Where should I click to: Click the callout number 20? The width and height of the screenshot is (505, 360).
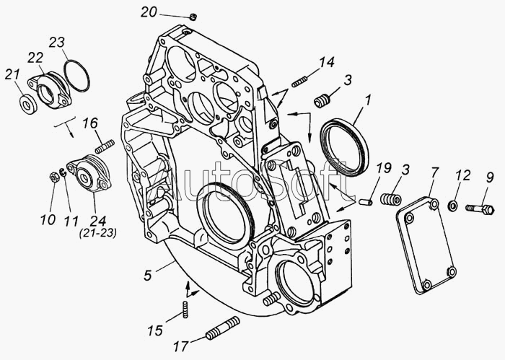(x=149, y=12)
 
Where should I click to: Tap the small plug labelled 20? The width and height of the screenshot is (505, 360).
(x=193, y=17)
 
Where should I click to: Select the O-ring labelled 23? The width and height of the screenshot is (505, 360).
(x=76, y=76)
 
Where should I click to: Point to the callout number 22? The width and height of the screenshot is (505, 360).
(x=35, y=58)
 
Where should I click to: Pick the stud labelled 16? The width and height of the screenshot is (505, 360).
(x=105, y=146)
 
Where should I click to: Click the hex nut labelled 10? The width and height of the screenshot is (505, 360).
(x=53, y=177)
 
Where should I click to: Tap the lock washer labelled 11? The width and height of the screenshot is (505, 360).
(x=63, y=172)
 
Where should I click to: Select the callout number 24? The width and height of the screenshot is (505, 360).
(x=98, y=221)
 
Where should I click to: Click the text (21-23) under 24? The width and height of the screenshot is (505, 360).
(x=98, y=233)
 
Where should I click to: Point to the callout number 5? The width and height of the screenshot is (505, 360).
(x=148, y=276)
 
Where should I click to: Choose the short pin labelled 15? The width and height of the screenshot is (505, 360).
(x=185, y=309)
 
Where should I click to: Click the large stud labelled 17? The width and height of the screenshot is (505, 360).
(x=223, y=328)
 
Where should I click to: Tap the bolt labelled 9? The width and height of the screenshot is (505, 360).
(x=480, y=209)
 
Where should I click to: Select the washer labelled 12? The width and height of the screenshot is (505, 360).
(x=452, y=206)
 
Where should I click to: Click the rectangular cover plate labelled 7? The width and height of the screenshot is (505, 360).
(x=426, y=245)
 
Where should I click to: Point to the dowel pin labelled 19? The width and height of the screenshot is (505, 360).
(x=366, y=201)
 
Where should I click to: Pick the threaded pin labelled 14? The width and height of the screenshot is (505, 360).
(x=300, y=82)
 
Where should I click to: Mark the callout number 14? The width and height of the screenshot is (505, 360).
(x=327, y=62)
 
